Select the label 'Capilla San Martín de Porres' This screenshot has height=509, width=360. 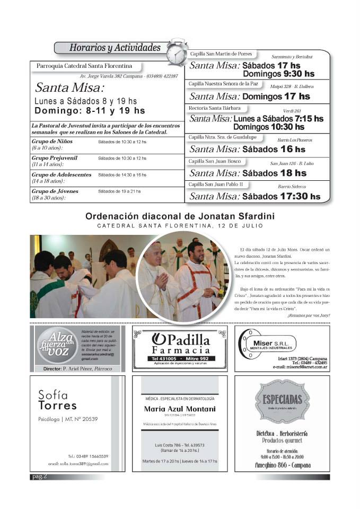click(x=221, y=54)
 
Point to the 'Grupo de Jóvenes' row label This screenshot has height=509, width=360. click(x=54, y=191)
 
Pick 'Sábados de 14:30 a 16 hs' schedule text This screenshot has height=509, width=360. click(x=122, y=174)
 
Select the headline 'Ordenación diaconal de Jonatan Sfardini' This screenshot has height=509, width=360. click(x=180, y=216)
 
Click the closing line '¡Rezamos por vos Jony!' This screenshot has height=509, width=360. click(x=308, y=315)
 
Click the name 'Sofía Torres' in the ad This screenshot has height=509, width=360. click(x=58, y=400)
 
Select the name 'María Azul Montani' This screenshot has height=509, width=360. click(x=180, y=409)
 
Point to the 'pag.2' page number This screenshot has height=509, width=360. click(x=39, y=477)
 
